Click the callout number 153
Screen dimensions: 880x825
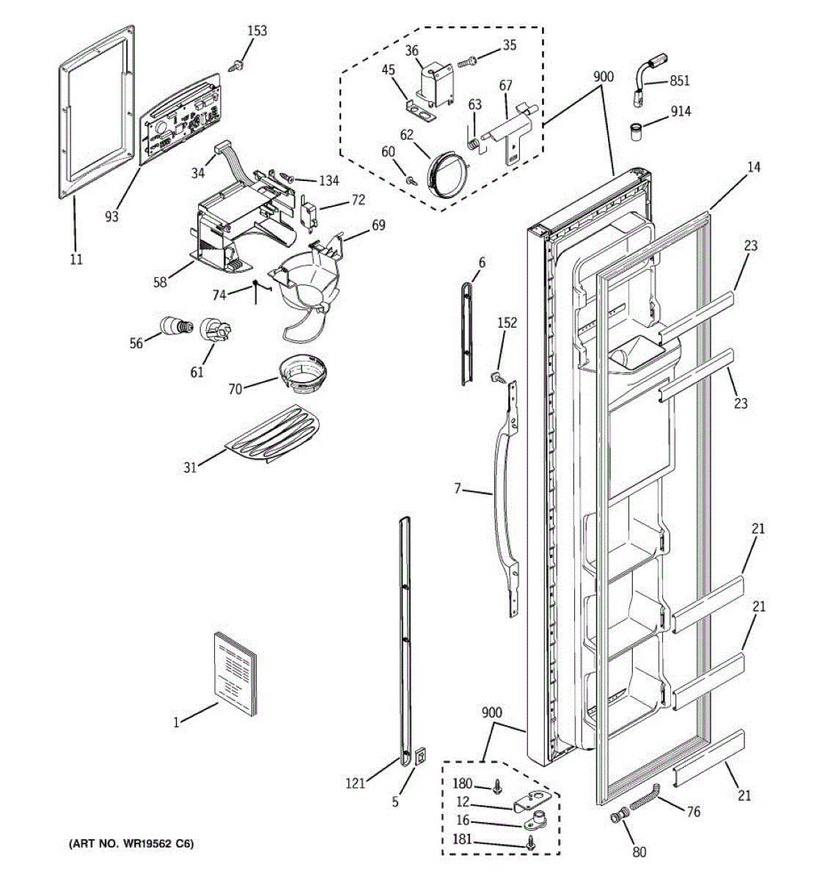point(257,31)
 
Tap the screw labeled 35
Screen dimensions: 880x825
point(467,63)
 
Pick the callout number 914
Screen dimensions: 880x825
point(680,111)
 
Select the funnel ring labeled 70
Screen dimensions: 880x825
point(303,374)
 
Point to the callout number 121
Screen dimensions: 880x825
point(356,783)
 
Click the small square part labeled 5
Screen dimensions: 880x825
point(419,756)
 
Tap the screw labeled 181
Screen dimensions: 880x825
point(532,846)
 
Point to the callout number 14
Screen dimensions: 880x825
point(754,167)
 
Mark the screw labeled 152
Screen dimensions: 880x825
point(496,377)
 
